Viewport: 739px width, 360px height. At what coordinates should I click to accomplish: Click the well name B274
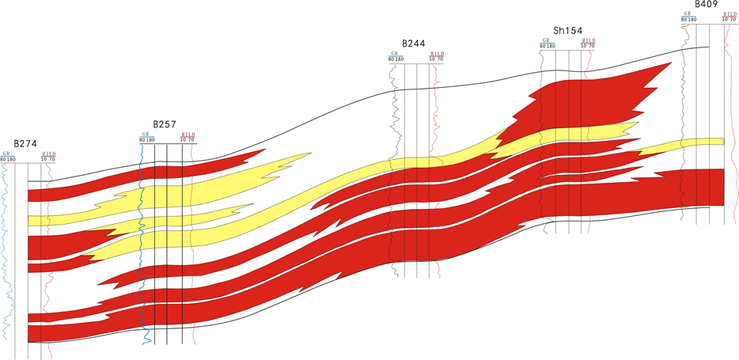(25, 144)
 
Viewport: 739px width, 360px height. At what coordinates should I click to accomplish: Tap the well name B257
(165, 125)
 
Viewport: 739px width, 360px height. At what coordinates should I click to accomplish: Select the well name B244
(413, 44)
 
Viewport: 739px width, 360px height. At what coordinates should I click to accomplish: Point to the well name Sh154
(568, 31)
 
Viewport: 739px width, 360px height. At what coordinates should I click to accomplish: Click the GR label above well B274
(6, 153)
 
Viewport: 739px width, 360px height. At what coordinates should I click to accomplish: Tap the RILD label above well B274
(48, 153)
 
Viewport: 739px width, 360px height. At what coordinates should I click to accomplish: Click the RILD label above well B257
(188, 134)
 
